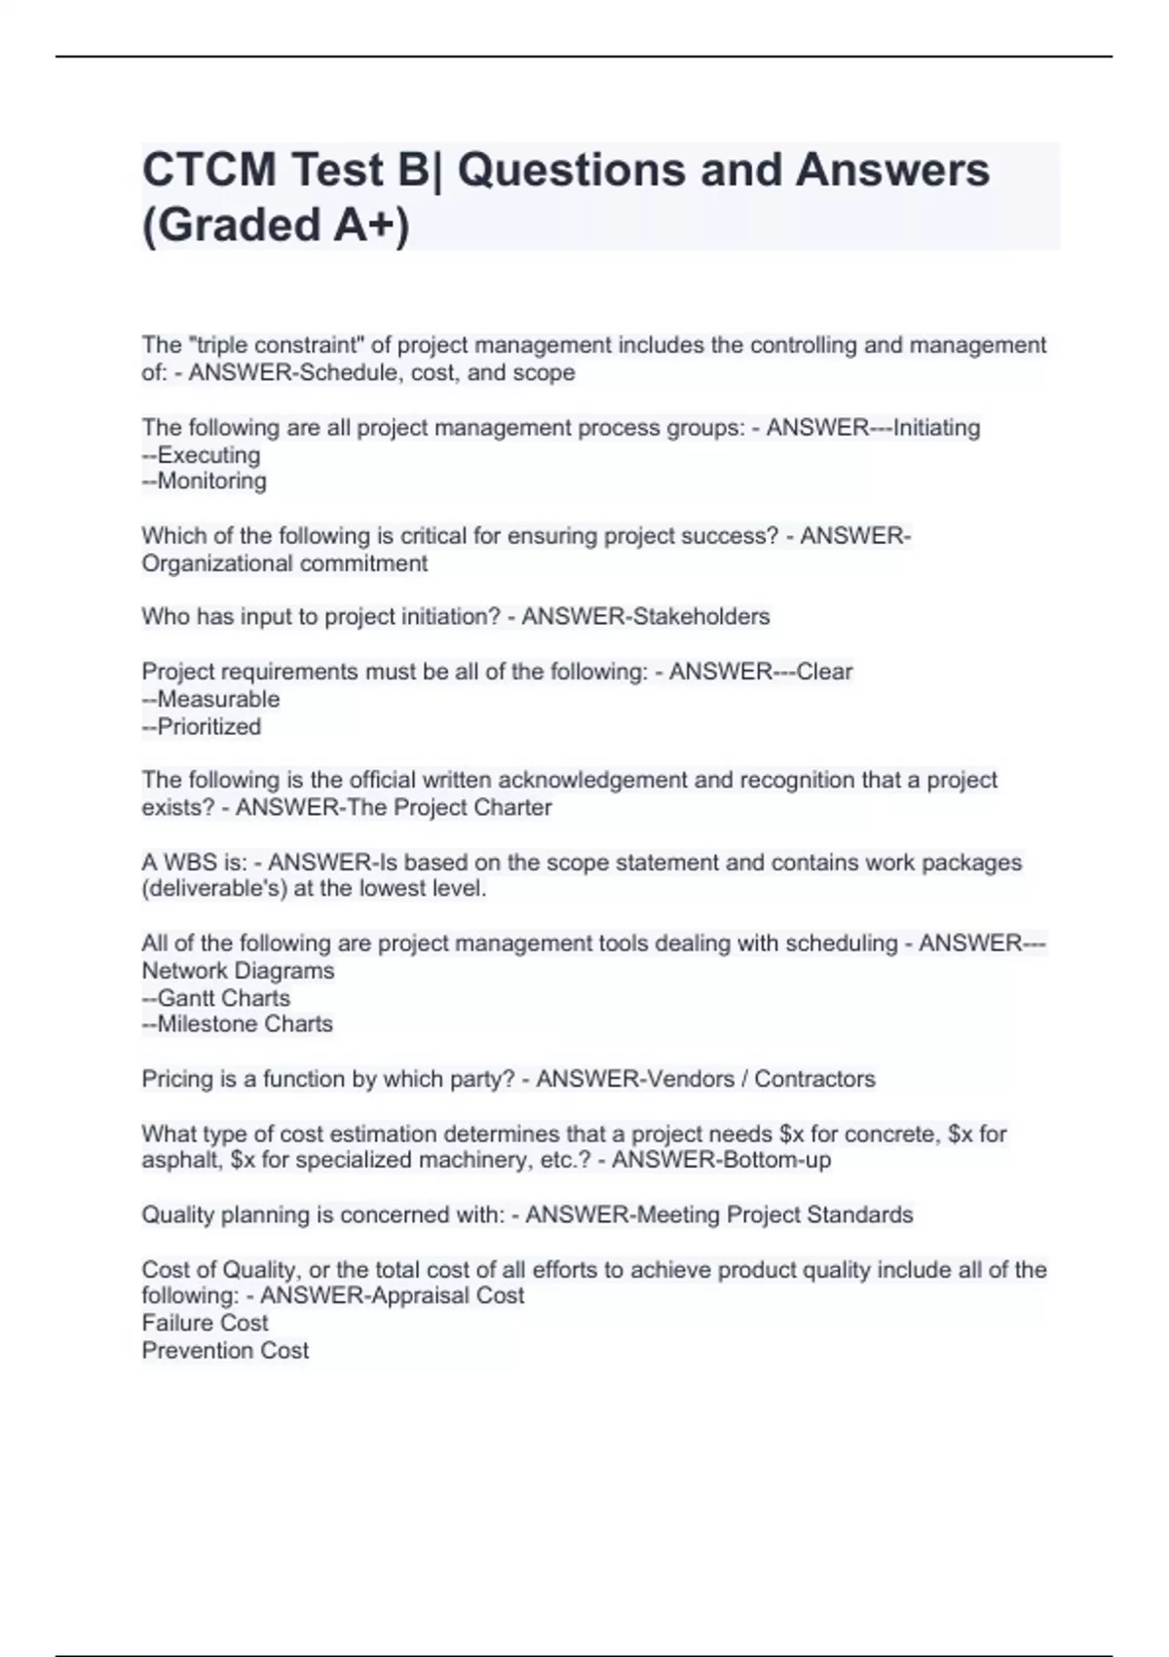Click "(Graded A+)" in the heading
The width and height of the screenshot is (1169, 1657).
point(276,225)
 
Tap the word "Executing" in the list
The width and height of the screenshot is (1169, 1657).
point(208,455)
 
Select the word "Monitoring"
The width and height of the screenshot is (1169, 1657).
point(211,482)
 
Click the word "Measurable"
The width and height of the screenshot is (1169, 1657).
point(218,700)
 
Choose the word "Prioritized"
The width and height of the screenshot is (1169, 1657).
point(209,727)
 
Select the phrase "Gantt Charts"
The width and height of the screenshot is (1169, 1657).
point(223,998)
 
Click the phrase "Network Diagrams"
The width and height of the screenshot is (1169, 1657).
point(238,971)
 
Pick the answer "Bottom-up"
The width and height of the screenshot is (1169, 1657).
point(775,1160)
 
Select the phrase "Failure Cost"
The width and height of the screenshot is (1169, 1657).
point(205,1323)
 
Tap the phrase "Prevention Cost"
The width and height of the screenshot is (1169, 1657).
point(225,1351)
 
